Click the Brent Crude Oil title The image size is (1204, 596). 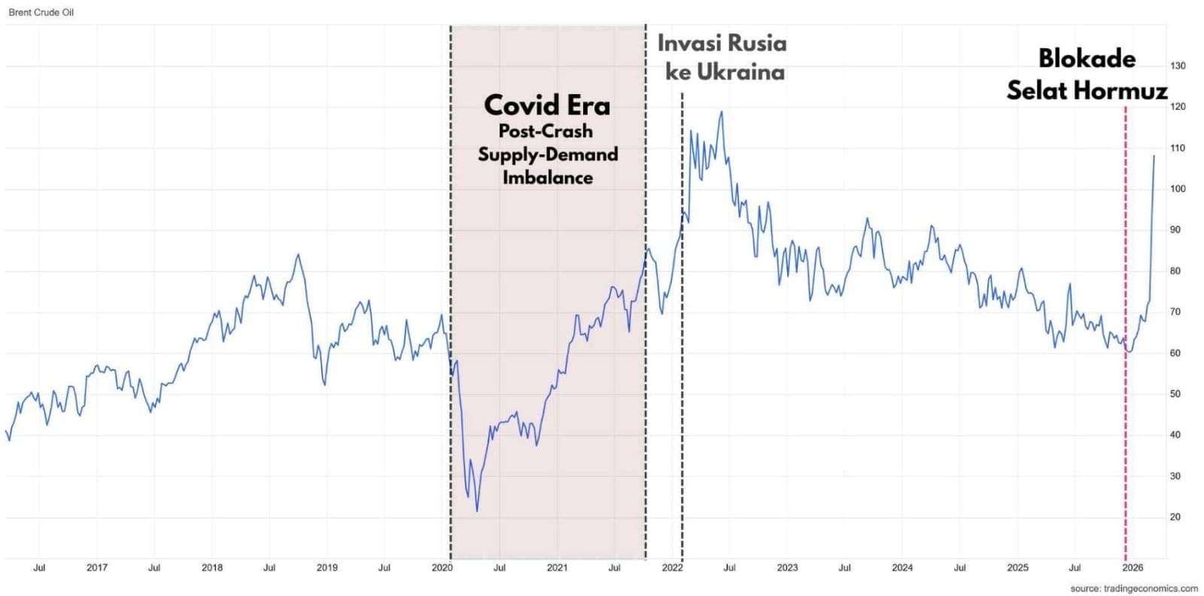(x=41, y=13)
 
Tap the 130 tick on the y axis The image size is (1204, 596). (x=1178, y=66)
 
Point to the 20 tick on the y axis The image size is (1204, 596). (x=1175, y=517)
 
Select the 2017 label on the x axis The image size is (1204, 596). (x=97, y=568)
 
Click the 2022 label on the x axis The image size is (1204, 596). (x=672, y=568)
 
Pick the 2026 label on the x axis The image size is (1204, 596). (x=1133, y=568)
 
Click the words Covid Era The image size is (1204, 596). (x=547, y=105)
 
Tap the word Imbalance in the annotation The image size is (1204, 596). (x=548, y=178)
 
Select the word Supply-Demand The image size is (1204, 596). (x=548, y=155)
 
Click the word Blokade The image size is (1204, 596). (x=1087, y=59)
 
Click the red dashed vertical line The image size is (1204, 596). (x=1126, y=301)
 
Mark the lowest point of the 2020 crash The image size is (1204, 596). (x=477, y=512)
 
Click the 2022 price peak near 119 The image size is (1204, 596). (x=722, y=112)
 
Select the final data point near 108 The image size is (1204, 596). (x=1154, y=156)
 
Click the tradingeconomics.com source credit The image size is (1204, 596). (x=1134, y=588)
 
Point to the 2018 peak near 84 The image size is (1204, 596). (x=298, y=254)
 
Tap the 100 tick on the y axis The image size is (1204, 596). (x=1178, y=189)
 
